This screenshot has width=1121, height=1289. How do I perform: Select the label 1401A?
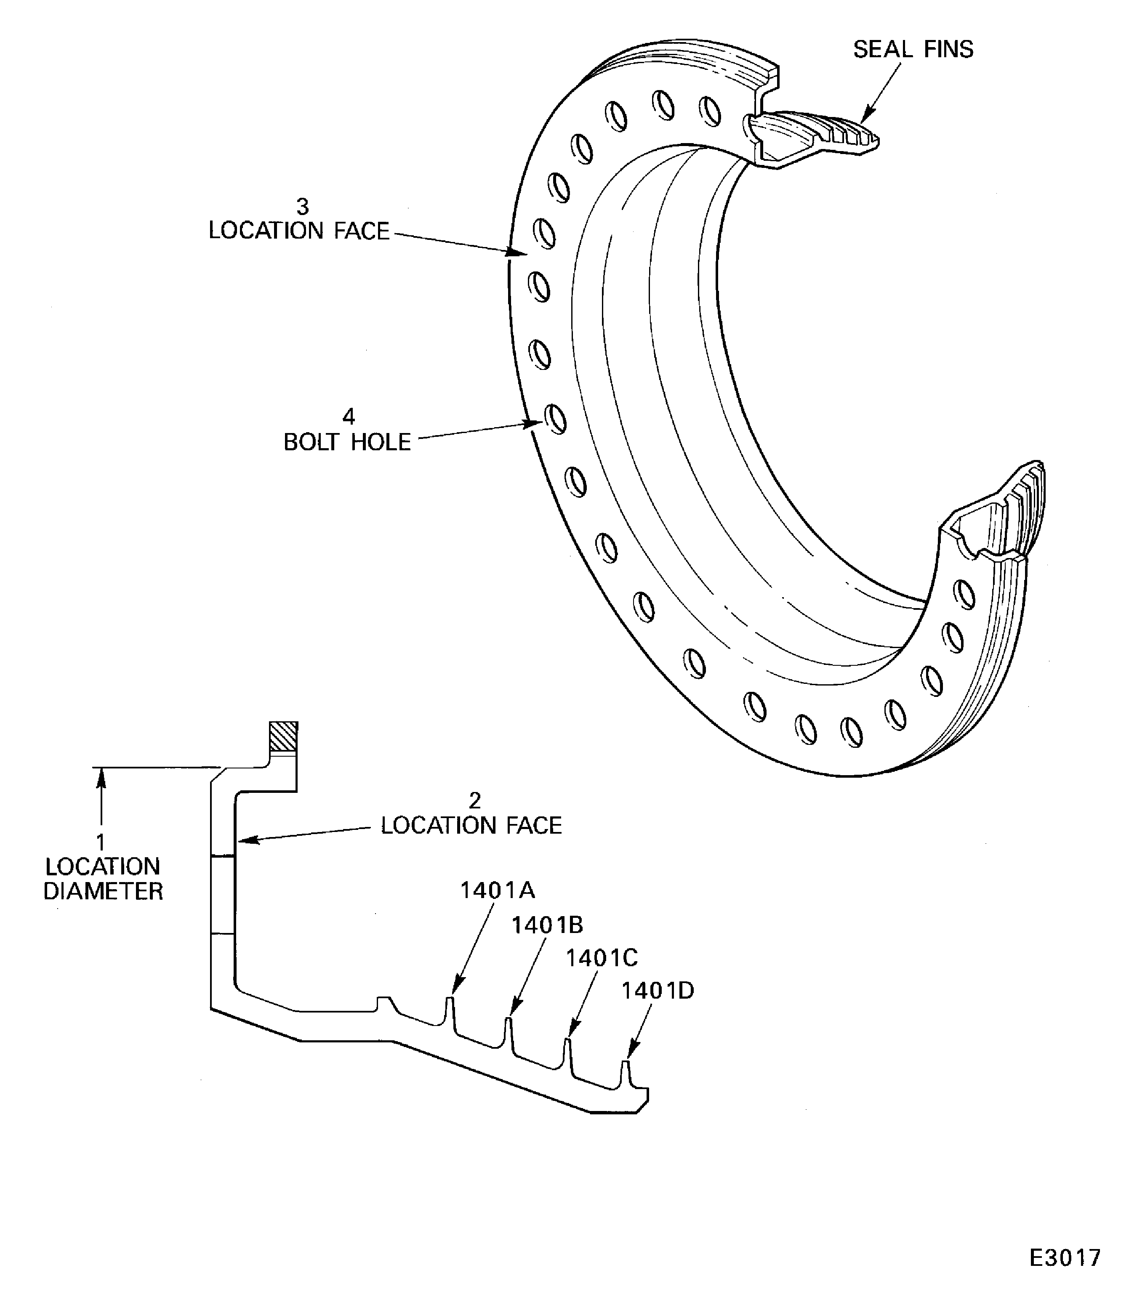click(497, 890)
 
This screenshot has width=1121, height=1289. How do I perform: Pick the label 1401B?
click(547, 925)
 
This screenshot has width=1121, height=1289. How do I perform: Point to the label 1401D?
click(657, 991)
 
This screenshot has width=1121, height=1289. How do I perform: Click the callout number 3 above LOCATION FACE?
click(302, 206)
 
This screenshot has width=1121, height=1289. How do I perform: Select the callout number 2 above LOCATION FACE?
click(475, 800)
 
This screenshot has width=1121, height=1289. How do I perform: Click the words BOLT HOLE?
click(347, 442)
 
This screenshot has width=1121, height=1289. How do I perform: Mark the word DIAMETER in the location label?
click(103, 891)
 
